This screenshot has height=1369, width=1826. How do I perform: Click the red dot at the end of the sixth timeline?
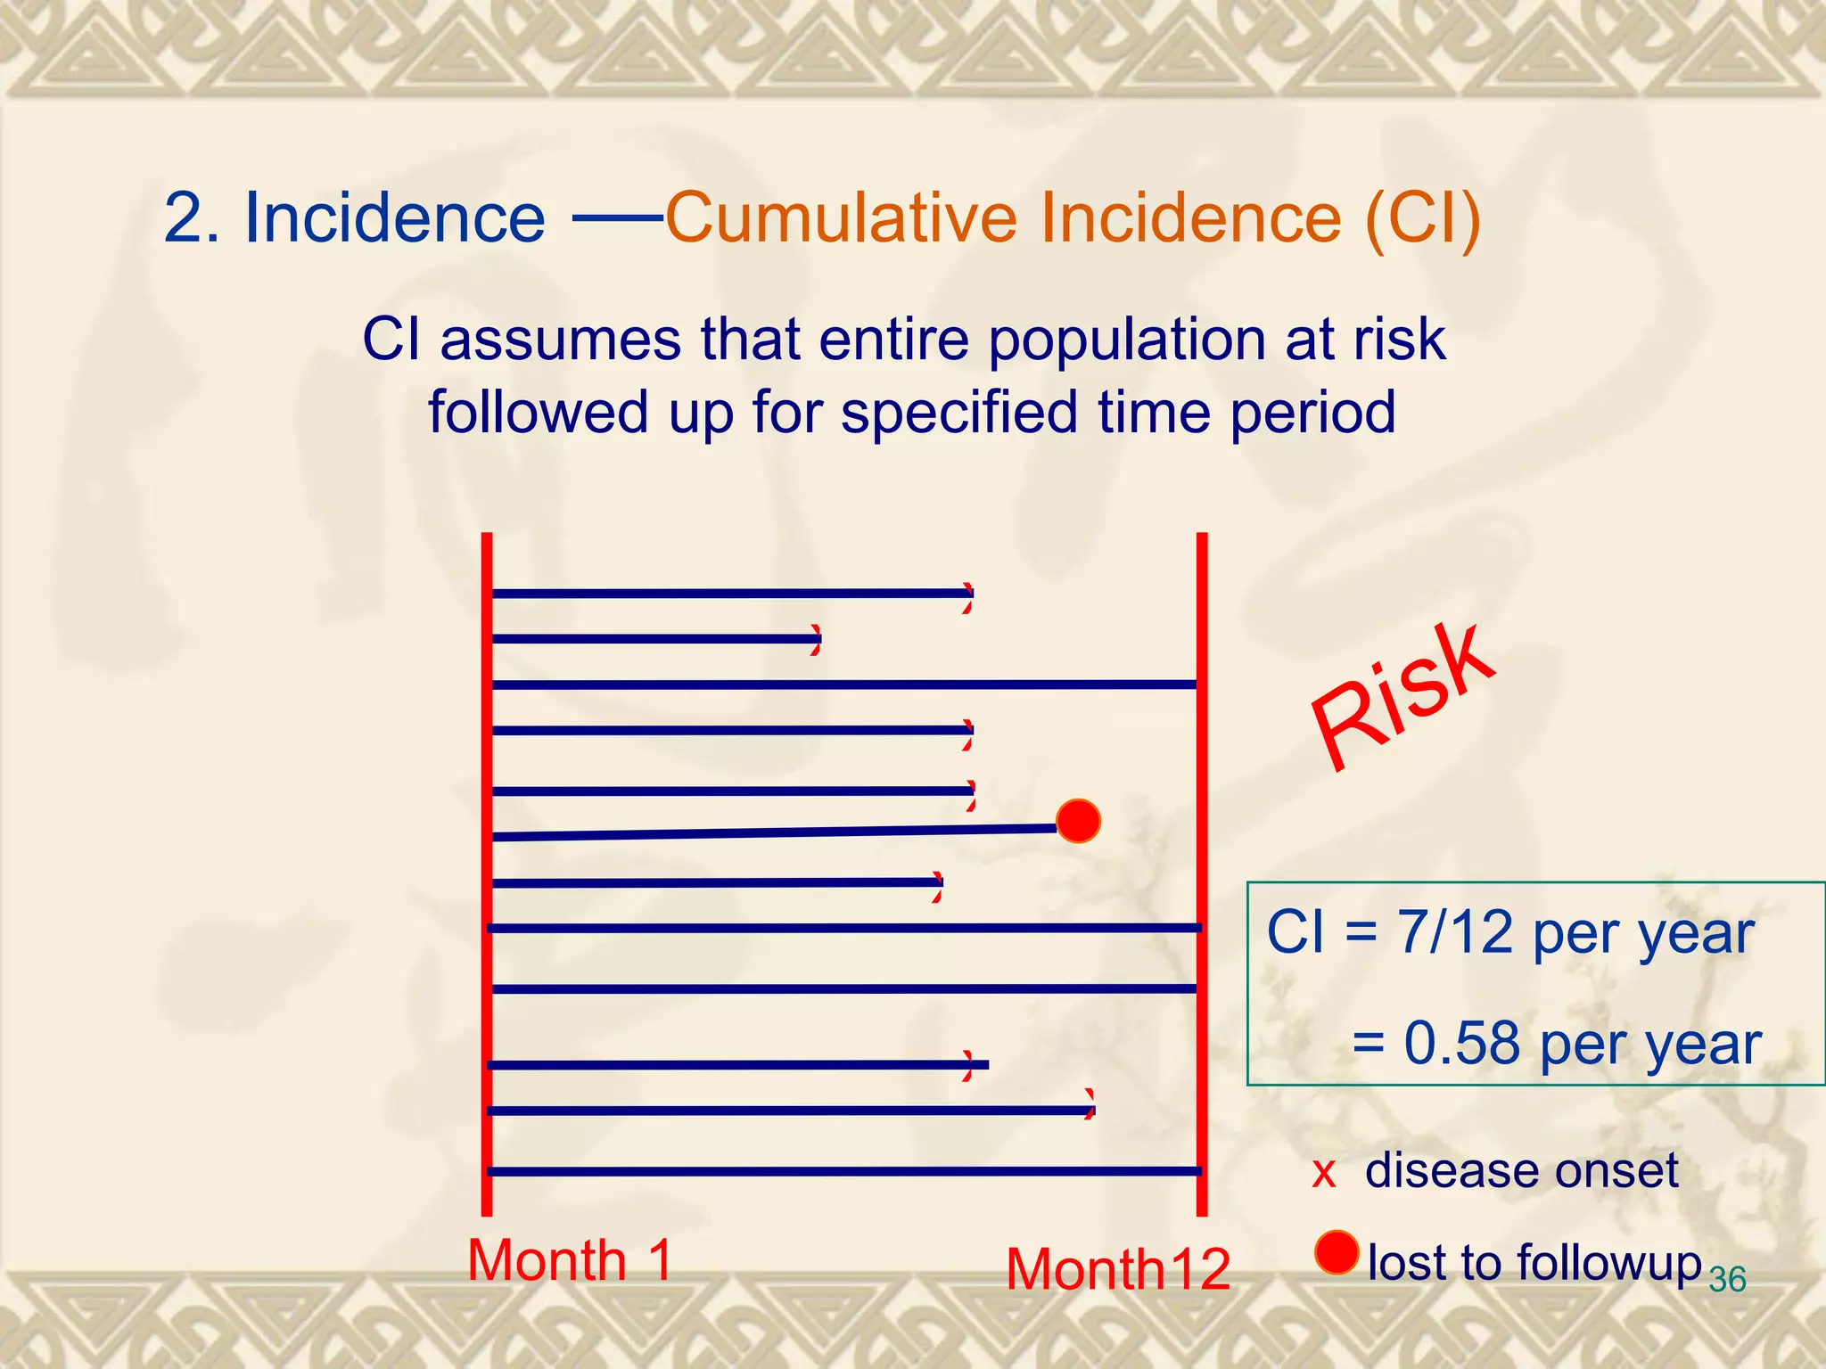click(x=1078, y=821)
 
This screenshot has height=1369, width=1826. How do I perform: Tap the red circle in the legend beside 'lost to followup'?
click(x=1337, y=1252)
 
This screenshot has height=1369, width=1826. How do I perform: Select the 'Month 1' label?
click(x=569, y=1260)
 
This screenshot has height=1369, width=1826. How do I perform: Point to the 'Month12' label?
click(x=1118, y=1269)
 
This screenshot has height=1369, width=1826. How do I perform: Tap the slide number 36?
click(x=1727, y=1280)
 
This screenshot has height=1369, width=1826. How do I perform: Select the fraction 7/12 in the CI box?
click(x=1455, y=933)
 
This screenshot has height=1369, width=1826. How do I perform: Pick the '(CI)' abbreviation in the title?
click(x=1423, y=219)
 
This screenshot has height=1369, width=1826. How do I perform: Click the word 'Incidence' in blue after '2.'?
click(x=394, y=217)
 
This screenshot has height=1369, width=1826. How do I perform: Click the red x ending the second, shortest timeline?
click(x=816, y=640)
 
